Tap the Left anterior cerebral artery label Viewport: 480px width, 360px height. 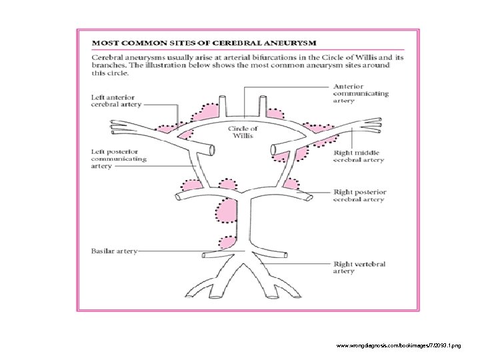click(x=115, y=101)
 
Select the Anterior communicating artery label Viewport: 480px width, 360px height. click(x=360, y=94)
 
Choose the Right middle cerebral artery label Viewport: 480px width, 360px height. click(x=359, y=156)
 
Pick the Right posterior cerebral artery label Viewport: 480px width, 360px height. click(x=360, y=196)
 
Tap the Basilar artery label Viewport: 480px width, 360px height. click(x=114, y=251)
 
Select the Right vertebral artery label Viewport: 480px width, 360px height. click(x=359, y=267)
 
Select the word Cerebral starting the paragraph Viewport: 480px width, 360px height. click(x=109, y=58)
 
